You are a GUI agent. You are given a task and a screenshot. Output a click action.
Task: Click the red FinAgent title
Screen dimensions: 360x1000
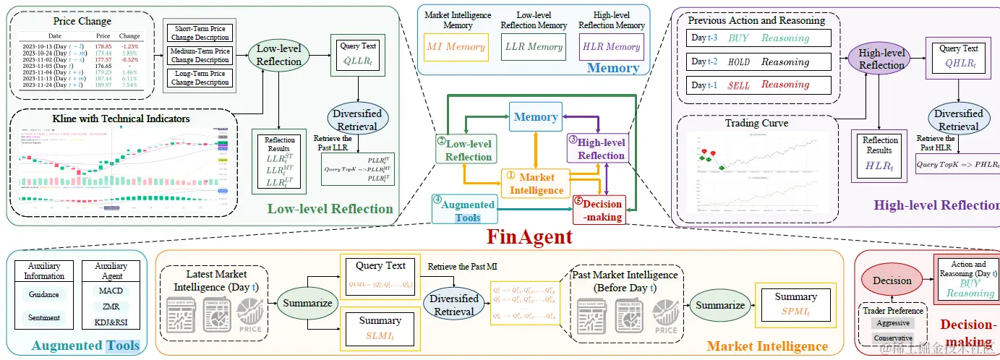[529, 236]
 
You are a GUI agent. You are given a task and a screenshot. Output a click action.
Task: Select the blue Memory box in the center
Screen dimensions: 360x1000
[535, 117]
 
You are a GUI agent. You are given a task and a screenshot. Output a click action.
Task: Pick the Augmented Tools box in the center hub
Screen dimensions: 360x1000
[467, 210]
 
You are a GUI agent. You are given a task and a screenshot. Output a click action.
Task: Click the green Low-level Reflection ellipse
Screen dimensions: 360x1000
[279, 56]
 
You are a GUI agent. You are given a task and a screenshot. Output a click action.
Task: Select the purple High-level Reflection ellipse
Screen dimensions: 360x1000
[881, 59]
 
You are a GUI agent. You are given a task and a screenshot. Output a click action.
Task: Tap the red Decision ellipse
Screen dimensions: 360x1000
[892, 280]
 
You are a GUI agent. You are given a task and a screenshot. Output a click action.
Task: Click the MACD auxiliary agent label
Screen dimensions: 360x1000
[111, 291]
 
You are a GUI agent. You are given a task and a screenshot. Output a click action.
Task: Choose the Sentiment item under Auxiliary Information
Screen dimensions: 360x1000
[44, 317]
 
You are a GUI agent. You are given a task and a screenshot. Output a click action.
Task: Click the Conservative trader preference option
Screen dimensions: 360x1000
[892, 338]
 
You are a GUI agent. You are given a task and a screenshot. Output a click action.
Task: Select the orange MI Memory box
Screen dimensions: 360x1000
[455, 47]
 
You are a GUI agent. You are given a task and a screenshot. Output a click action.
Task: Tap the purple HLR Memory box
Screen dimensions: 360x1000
[612, 47]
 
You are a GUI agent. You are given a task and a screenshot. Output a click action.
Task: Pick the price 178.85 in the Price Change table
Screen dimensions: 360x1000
[103, 46]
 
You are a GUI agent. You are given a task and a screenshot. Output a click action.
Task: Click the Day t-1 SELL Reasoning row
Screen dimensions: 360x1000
[758, 85]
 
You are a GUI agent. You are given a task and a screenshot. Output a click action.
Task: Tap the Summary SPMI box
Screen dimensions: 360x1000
[795, 304]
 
